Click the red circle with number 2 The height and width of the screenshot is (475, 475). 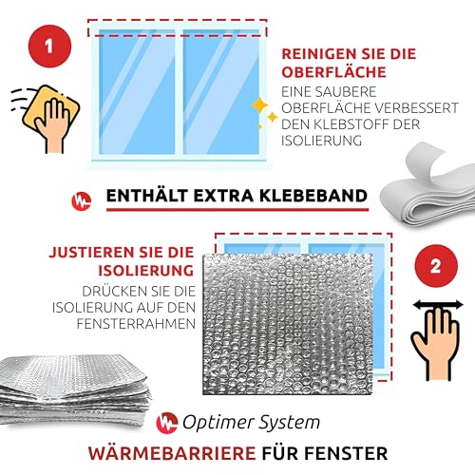coord(434,265)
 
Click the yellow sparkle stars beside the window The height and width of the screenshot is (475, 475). coord(263,112)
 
